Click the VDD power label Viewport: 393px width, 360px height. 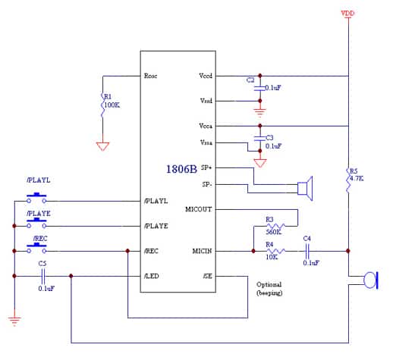(347, 14)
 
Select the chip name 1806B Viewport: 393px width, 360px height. (182, 169)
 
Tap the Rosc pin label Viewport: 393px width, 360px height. (150, 76)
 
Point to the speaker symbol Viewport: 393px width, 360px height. (305, 188)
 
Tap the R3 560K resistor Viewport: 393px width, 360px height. (273, 226)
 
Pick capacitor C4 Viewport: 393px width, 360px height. (308, 251)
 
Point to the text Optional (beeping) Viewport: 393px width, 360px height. (269, 288)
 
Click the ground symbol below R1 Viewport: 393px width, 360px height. (102, 146)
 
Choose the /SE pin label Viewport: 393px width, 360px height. (206, 276)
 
